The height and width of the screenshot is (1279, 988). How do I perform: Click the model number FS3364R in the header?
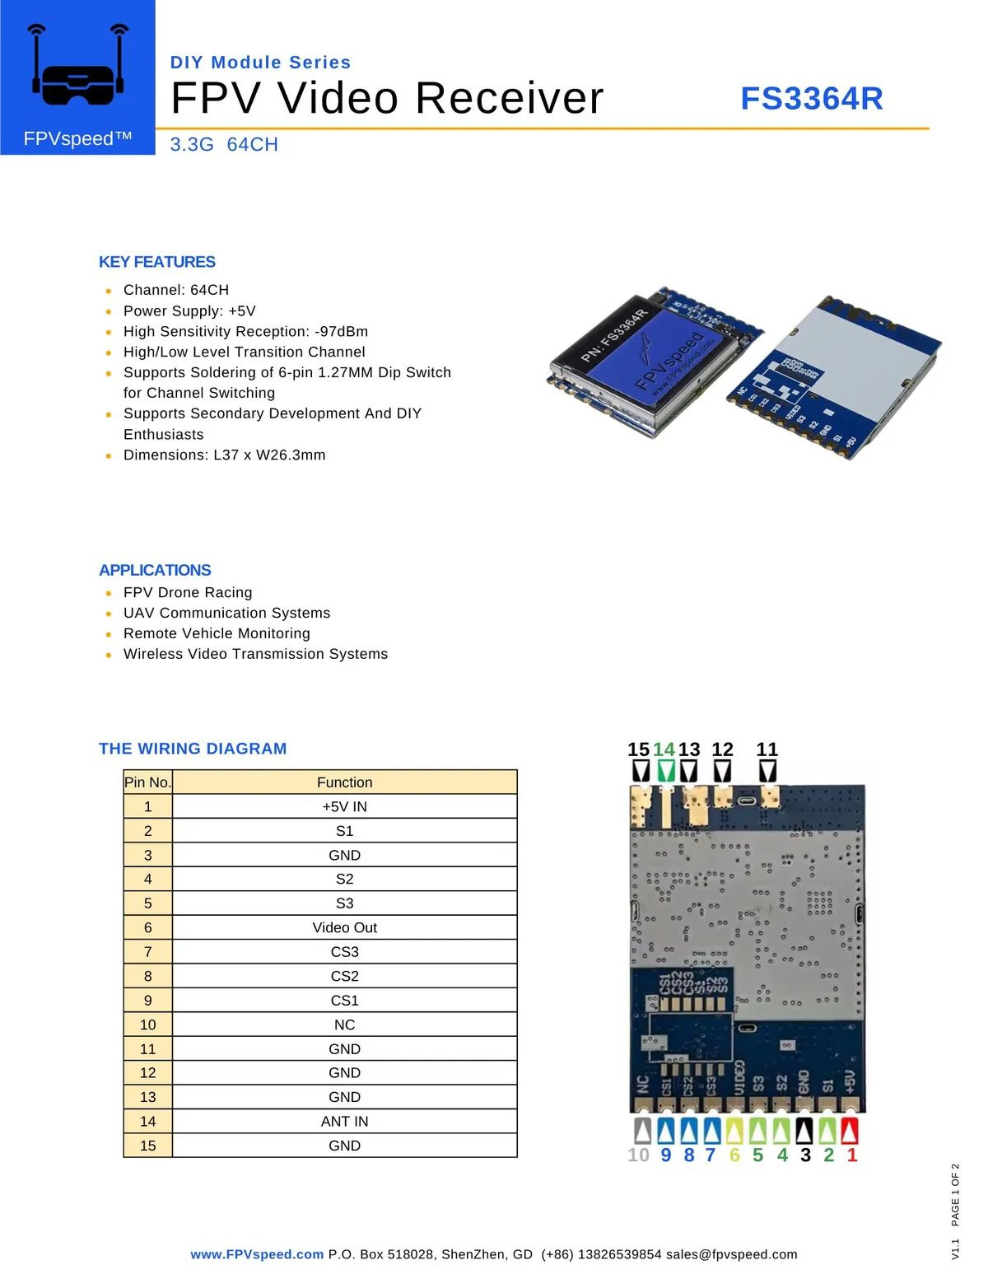point(811,99)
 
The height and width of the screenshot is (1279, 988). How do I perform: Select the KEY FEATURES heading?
point(157,262)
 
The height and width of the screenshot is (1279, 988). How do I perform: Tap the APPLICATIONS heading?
point(155,570)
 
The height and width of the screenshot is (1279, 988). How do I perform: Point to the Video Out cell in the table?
point(344,927)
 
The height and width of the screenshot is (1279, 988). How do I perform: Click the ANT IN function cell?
point(344,1121)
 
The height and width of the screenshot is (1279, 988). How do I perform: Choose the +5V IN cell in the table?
point(344,806)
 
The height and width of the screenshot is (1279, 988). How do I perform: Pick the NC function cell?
point(344,1025)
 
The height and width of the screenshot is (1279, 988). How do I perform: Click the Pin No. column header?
point(147,782)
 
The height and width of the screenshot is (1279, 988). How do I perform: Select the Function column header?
point(344,782)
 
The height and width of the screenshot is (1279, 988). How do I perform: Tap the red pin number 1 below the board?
point(852,1155)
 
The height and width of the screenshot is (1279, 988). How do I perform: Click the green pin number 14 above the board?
point(664,749)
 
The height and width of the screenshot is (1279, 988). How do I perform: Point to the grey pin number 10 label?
point(638,1155)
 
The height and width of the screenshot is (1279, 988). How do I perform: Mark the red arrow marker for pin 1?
point(849,1130)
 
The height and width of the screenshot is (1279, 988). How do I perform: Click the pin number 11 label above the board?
point(767,749)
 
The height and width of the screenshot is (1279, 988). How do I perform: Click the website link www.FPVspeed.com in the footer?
point(257,1254)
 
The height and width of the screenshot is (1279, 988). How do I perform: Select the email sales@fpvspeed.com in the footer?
point(731,1254)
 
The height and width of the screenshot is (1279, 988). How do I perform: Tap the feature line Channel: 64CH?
point(176,290)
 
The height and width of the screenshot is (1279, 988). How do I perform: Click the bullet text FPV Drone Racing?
point(188,592)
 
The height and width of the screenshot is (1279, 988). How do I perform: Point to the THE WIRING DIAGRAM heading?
point(193,749)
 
